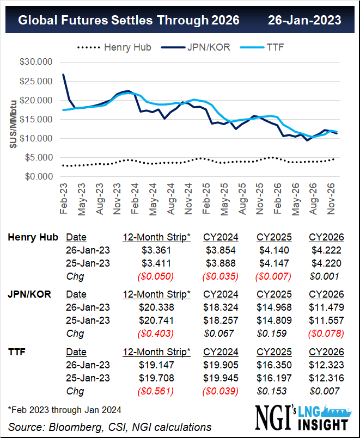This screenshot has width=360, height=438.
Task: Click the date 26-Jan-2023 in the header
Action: pos(304,20)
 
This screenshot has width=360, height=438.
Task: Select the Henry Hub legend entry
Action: pos(127,47)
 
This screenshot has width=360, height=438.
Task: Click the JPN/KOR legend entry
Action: pos(208,47)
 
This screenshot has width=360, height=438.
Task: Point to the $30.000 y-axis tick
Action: pos(37,62)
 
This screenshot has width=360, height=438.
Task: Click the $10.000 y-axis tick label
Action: pos(37,139)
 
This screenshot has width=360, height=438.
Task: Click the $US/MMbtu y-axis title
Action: pos(13,120)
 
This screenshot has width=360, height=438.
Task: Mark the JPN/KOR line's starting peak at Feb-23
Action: pos(64,75)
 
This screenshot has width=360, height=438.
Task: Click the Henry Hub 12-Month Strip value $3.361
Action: pos(156,250)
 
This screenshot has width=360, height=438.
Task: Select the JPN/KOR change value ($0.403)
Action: pos(156,333)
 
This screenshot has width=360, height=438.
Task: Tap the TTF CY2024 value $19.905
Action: pos(221,365)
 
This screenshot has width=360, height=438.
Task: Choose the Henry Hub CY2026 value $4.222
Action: pos(326,250)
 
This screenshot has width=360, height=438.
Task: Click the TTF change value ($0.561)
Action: pos(156,391)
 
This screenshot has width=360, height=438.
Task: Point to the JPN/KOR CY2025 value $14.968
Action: pos(273,307)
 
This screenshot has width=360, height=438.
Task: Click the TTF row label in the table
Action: pos(18,353)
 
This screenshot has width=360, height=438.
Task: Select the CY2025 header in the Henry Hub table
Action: pos(273,237)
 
